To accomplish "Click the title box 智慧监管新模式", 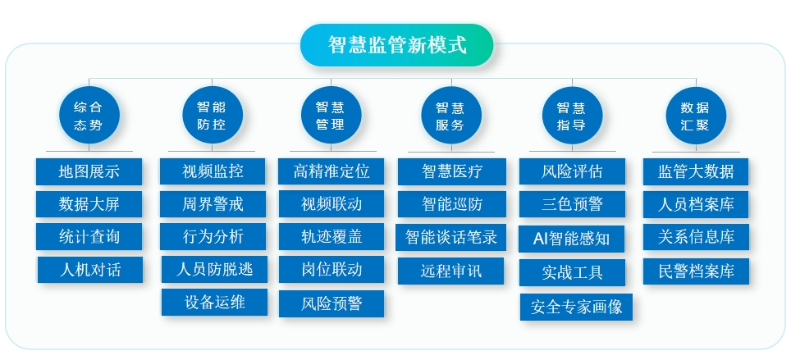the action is [x=396, y=45].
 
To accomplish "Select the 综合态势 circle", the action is [x=89, y=116].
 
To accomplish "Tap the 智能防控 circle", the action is [x=212, y=116].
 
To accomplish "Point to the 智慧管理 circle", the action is [x=331, y=116].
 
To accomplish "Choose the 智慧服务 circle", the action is [x=451, y=116].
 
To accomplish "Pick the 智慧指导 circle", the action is [x=572, y=116].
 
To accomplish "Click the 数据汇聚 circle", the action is [x=696, y=116].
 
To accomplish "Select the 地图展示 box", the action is [x=89, y=171].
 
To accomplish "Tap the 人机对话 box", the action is [x=89, y=270].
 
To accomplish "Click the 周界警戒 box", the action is [x=213, y=203].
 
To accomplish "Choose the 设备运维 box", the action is [x=214, y=302].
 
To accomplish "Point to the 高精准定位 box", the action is [x=331, y=171].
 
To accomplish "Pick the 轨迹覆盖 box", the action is [x=331, y=236].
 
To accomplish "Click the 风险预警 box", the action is [x=331, y=303].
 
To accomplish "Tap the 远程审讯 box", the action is [x=450, y=271].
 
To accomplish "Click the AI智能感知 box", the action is [x=572, y=239].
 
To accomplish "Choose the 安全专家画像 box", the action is [x=576, y=307].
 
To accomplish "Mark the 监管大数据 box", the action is [x=696, y=171].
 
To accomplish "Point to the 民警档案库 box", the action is [x=696, y=271].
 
